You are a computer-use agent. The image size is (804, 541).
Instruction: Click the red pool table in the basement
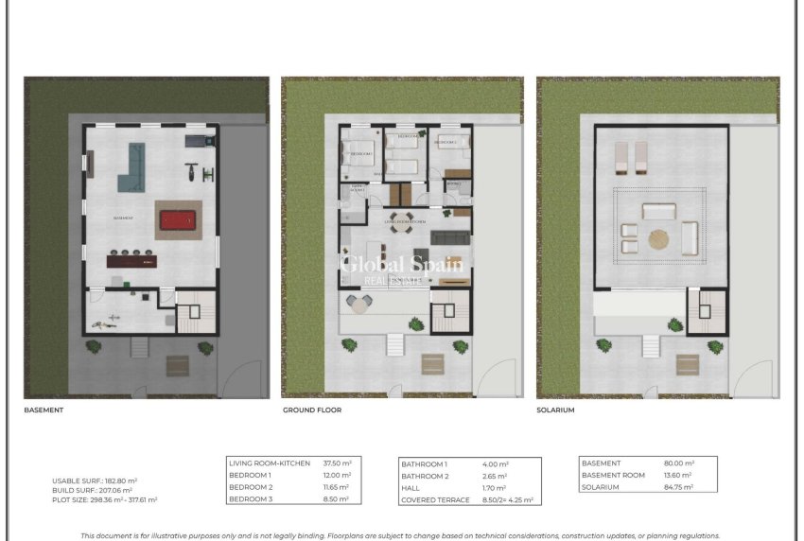(175, 220)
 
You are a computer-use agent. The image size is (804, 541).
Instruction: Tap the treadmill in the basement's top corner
(197, 141)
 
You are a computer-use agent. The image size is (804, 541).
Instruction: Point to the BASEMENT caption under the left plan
(44, 410)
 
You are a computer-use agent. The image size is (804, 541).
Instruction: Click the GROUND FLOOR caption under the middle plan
(312, 410)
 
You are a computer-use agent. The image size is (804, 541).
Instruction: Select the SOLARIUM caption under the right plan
(555, 410)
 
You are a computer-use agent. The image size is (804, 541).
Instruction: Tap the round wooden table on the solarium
(658, 239)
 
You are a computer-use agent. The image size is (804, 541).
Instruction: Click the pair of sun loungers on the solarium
(630, 158)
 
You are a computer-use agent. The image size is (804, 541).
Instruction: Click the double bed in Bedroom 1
(359, 153)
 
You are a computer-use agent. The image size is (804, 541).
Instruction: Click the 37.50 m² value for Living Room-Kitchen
(337, 462)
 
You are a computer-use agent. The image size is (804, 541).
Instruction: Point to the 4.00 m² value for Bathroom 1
(496, 463)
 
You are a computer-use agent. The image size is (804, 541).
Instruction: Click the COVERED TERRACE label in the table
(435, 499)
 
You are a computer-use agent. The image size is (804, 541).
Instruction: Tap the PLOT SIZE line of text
(104, 499)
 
